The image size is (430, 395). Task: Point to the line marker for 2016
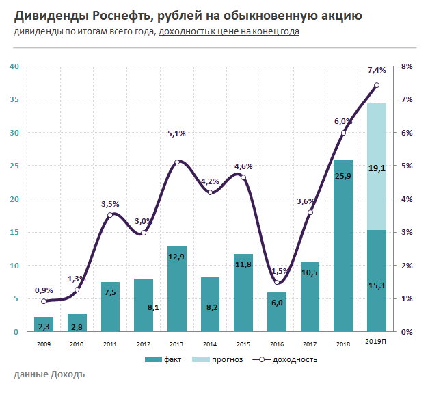point(277,282)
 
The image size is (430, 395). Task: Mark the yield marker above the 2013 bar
point(177,162)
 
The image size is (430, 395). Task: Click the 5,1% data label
point(177,134)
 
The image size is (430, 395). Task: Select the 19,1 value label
point(377,168)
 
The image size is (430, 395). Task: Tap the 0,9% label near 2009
point(44,290)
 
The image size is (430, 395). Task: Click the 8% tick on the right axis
point(406,66)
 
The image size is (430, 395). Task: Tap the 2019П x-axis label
point(377,341)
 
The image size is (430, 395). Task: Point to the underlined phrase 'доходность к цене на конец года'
point(228,31)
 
